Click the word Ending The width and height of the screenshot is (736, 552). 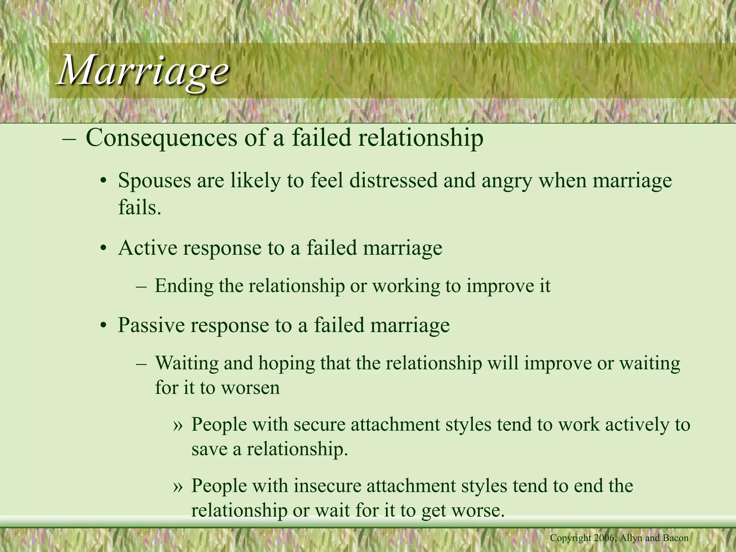184,286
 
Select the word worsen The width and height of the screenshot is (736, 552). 250,388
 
